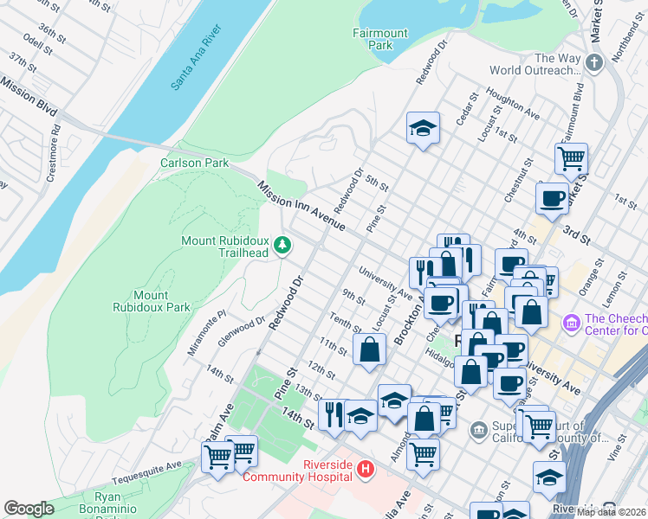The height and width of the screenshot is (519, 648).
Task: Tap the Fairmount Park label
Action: pos(379,39)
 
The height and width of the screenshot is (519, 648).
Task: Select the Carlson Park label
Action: pos(193,163)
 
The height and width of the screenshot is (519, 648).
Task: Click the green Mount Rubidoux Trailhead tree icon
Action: pos(282,246)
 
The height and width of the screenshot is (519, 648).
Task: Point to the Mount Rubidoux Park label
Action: pos(151,301)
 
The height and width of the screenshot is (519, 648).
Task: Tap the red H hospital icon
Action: pos(366,470)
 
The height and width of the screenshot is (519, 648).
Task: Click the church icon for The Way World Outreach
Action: pos(593,63)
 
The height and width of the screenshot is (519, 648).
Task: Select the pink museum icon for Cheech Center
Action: pos(572,324)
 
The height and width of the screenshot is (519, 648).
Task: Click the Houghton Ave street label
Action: pos(514,104)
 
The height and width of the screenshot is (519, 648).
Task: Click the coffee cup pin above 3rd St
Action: pos(552,199)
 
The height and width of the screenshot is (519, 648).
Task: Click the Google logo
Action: pos(29,509)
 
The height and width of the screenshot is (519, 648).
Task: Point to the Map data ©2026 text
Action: pos(610,512)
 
